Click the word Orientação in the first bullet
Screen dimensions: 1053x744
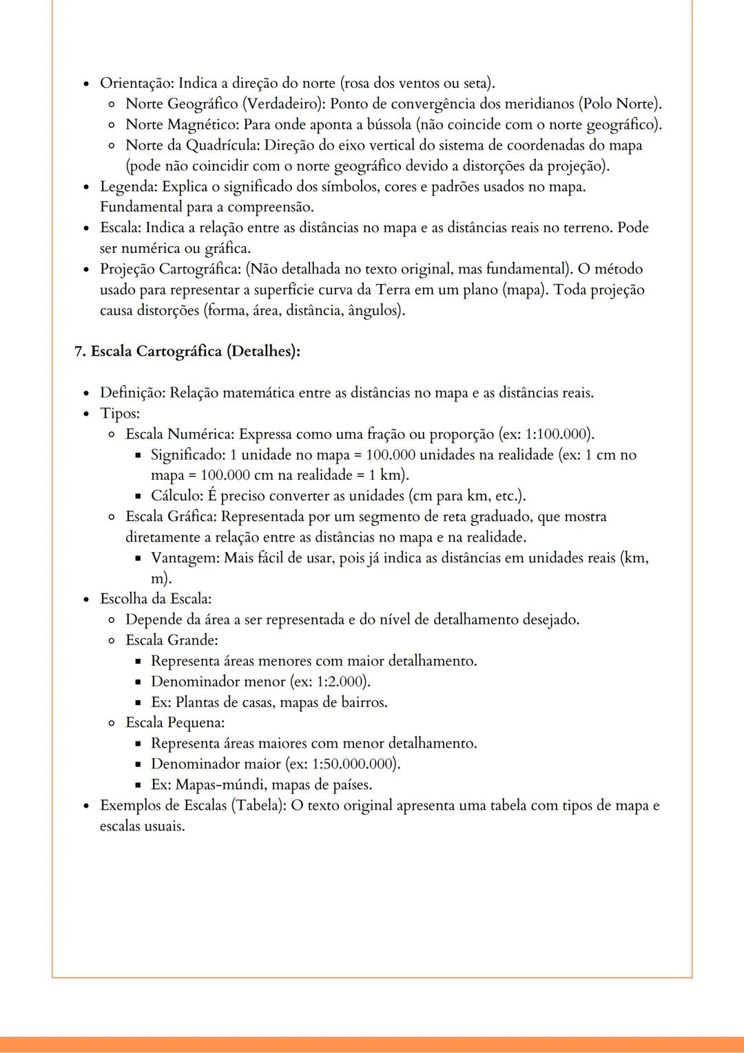click(136, 83)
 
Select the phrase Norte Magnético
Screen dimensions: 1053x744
click(180, 125)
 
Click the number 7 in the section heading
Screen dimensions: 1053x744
click(79, 351)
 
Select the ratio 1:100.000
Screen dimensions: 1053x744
click(557, 434)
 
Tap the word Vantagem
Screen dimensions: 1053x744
click(183, 558)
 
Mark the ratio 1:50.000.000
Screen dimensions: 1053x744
click(354, 764)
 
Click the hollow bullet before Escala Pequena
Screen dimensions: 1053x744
click(112, 723)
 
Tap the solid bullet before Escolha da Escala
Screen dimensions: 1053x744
click(86, 599)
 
